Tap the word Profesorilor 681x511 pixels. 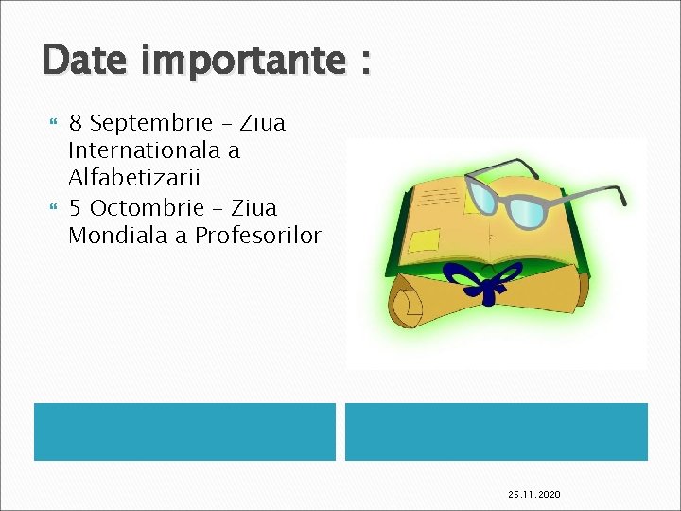[258, 236]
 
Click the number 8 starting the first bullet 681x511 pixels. [76, 123]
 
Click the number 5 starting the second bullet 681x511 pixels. [76, 207]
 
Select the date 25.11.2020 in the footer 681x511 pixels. [534, 494]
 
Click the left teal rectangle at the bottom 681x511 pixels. [184, 432]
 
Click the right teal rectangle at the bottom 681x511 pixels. [496, 432]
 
